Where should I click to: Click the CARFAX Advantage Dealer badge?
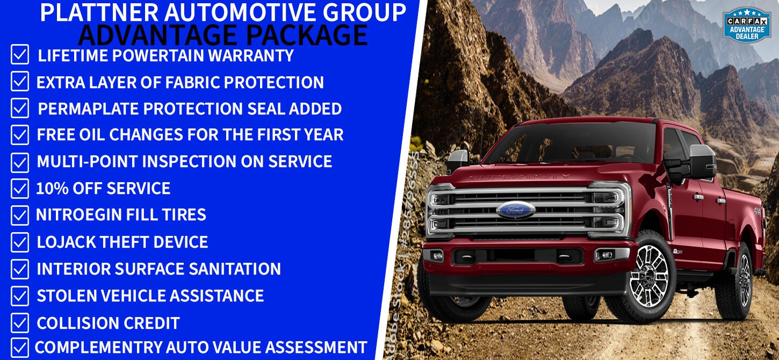pyautogui.click(x=747, y=24)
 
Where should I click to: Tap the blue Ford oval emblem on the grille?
pyautogui.click(x=516, y=210)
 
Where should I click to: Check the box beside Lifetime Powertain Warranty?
pyautogui.click(x=20, y=55)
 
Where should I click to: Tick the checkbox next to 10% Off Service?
pyautogui.click(x=20, y=189)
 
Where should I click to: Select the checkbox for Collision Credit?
pyautogui.click(x=20, y=323)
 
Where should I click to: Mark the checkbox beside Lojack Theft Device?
pyautogui.click(x=20, y=242)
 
